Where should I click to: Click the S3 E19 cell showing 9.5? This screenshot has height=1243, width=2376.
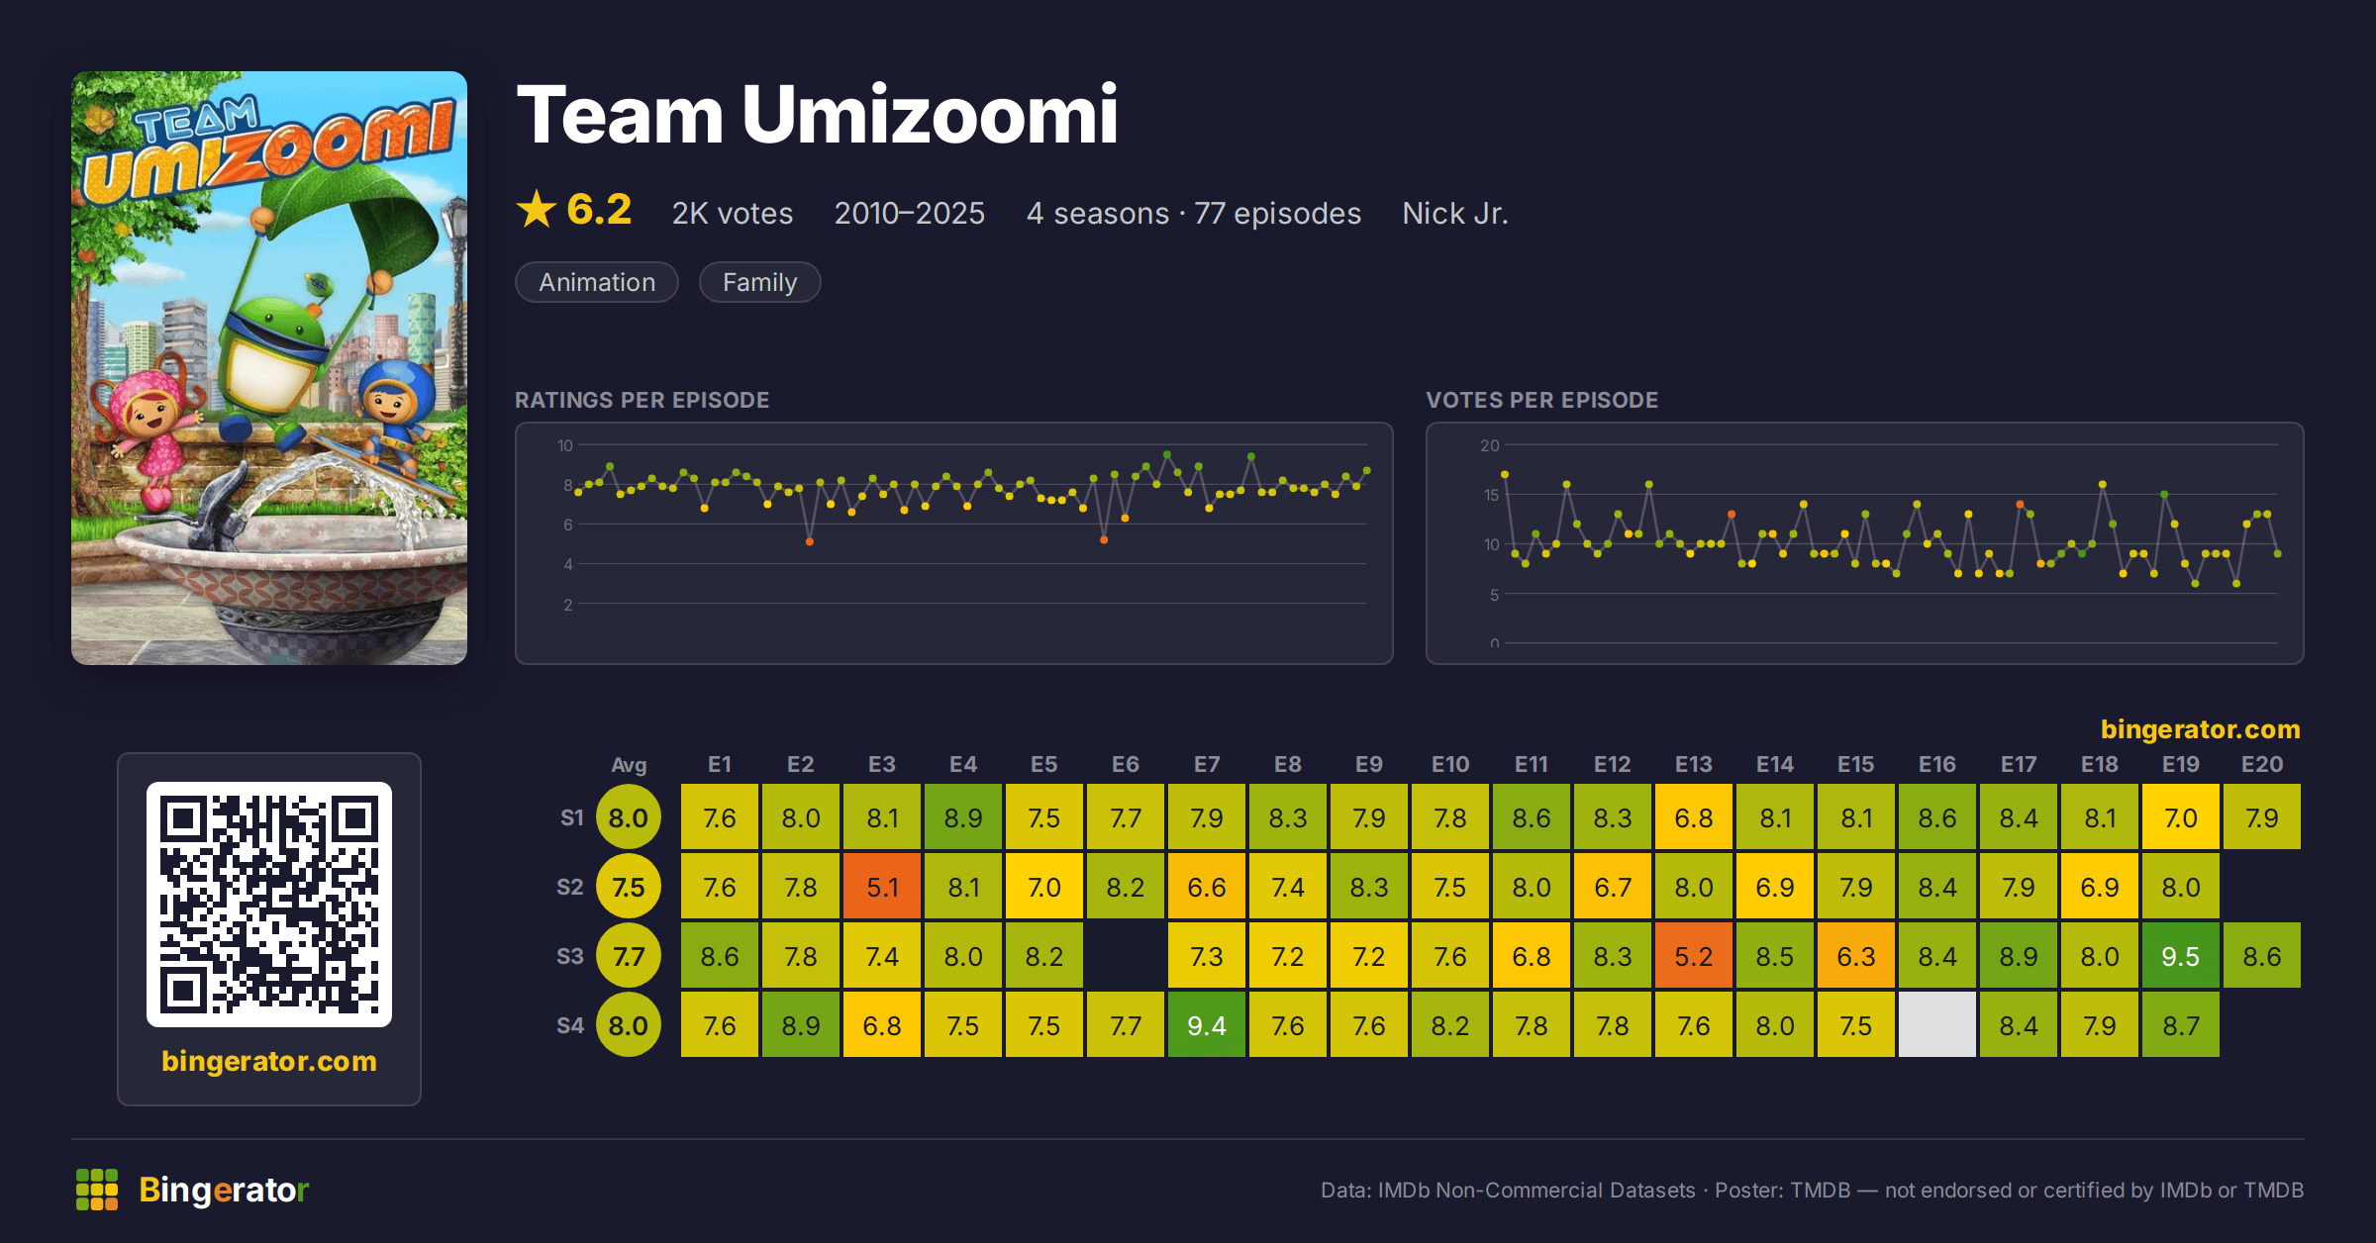pos(2180,956)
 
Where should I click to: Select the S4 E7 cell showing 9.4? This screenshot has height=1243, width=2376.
pos(1206,1025)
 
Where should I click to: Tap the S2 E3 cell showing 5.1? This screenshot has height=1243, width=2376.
pos(881,887)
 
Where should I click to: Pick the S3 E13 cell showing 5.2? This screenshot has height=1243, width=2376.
pos(1693,956)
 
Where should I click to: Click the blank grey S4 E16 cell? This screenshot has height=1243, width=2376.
pos(1936,1025)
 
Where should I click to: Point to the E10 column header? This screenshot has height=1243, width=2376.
pos(1449,764)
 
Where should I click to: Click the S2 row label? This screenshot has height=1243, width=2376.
pos(570,887)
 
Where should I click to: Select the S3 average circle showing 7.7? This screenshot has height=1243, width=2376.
pos(628,956)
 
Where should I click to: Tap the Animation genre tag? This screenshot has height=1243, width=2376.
pos(597,282)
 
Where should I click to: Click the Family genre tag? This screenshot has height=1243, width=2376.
pos(759,282)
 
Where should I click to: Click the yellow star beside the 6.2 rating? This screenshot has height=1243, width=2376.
pos(537,209)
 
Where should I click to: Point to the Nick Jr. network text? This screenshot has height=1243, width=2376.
pos(1454,213)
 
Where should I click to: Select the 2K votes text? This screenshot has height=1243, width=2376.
pos(733,213)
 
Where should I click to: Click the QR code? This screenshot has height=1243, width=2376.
pos(269,905)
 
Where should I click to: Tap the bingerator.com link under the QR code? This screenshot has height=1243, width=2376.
pos(269,1061)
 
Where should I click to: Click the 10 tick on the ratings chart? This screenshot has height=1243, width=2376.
pos(564,445)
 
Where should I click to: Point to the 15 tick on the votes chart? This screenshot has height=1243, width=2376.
pos(1491,495)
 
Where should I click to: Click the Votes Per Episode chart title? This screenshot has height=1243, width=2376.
pos(1541,400)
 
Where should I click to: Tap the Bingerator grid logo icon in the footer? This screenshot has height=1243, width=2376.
pos(97,1190)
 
